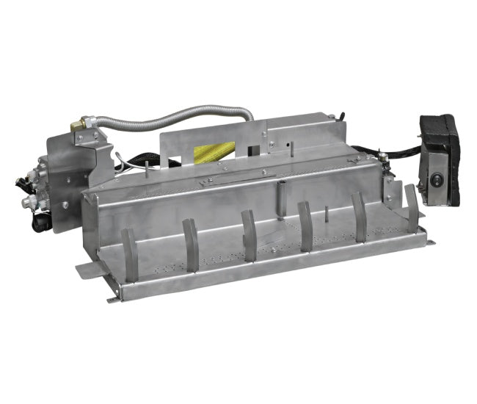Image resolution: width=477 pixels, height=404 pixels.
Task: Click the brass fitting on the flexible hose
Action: click(78, 127)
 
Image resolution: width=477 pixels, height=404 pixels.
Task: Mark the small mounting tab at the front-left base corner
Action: click(114, 297)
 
